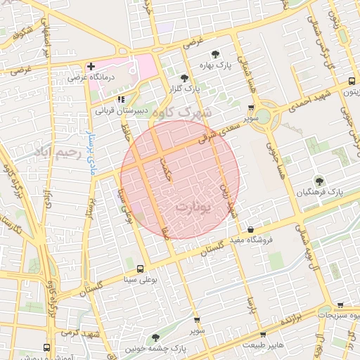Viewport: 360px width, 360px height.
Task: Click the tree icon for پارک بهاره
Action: click(x=215, y=54)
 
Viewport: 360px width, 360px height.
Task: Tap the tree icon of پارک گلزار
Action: click(x=184, y=79)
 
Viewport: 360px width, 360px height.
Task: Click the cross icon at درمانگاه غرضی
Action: click(x=91, y=67)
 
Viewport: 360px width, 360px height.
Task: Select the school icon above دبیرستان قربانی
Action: click(x=121, y=99)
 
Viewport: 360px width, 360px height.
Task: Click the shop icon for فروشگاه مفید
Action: click(x=251, y=229)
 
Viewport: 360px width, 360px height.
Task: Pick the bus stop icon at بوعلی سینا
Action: click(x=140, y=269)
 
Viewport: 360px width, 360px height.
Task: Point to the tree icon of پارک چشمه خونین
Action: click(x=155, y=338)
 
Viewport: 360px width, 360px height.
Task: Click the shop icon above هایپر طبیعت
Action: click(x=263, y=335)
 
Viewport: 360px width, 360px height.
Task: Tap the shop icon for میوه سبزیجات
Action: click(x=340, y=305)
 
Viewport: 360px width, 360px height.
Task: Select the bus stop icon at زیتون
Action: click(x=351, y=81)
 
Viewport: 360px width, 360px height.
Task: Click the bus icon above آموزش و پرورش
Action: click(x=47, y=347)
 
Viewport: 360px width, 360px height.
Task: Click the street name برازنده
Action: click(x=295, y=319)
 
